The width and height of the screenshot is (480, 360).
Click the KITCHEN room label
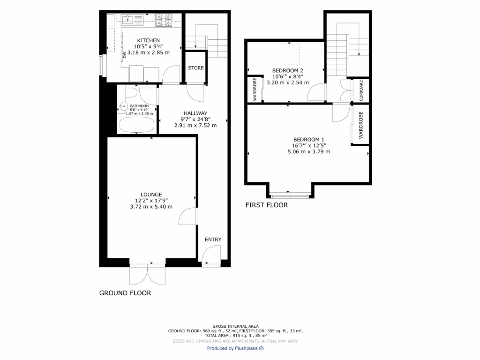[x=148, y=41]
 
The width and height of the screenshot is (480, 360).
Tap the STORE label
[x=196, y=68]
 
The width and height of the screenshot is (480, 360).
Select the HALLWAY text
[x=195, y=113]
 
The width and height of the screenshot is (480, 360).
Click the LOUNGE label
[x=151, y=195]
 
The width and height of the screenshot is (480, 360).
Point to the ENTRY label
[x=212, y=240]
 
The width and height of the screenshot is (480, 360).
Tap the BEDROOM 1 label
[x=308, y=139]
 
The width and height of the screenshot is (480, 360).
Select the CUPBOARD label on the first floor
[x=361, y=90]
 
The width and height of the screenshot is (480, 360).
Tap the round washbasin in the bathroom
[x=124, y=106]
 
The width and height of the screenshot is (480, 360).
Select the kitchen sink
[x=132, y=20]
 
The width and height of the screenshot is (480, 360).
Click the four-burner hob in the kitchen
[x=165, y=20]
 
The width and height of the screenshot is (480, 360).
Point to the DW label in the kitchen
[x=125, y=55]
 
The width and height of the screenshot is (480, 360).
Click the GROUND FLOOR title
[x=125, y=293]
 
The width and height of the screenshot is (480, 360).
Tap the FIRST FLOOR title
[x=267, y=205]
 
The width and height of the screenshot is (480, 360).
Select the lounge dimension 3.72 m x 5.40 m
[x=151, y=207]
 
